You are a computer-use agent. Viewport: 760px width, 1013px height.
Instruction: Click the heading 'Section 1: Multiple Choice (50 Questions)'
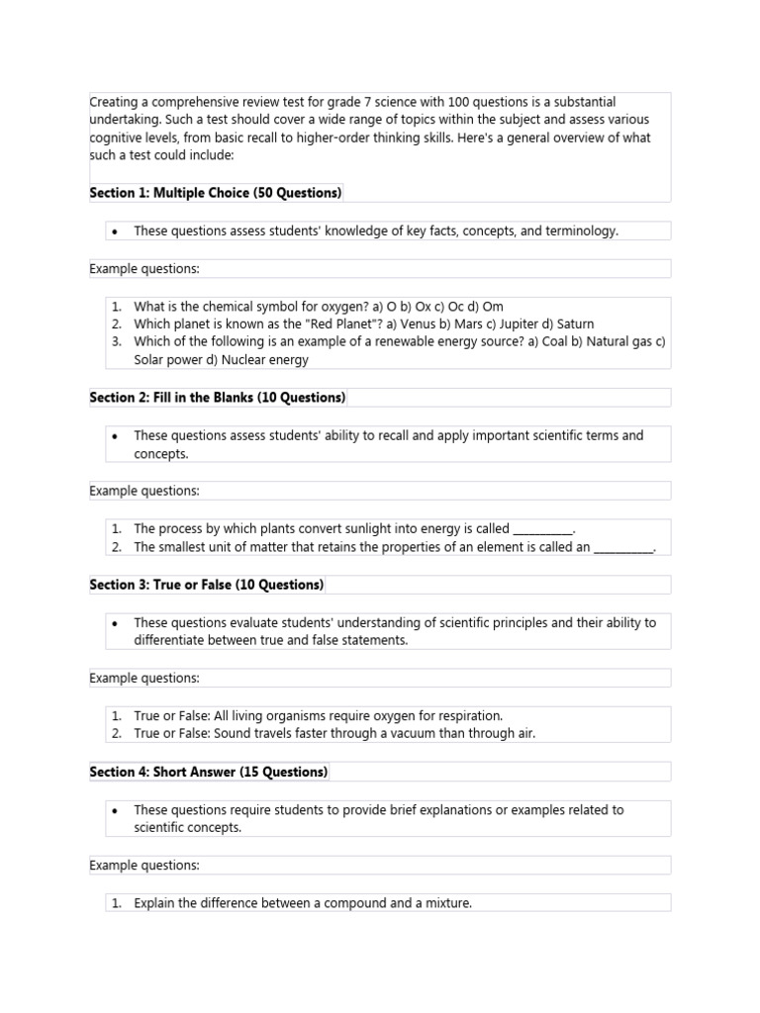216,193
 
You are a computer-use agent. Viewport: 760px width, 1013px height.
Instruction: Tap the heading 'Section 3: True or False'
207,585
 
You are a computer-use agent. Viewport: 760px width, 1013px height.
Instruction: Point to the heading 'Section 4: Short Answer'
209,772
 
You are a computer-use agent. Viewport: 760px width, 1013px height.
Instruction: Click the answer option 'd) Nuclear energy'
257,360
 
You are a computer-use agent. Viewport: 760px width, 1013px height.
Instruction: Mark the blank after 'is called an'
624,547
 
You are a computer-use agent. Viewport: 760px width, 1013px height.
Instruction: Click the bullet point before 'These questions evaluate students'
116,622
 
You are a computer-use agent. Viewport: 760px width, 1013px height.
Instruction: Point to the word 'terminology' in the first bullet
581,230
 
